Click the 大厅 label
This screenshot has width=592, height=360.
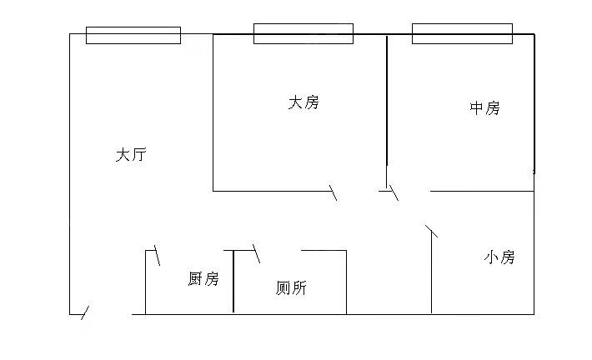(131, 155)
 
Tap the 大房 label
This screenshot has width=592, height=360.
(304, 103)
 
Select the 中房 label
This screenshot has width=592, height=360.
(484, 108)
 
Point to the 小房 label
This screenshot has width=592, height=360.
(499, 257)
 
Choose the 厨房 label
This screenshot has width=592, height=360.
(203, 279)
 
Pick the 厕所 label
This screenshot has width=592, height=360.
(291, 288)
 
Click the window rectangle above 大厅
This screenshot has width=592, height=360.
(133, 35)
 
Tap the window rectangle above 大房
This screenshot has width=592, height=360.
(304, 33)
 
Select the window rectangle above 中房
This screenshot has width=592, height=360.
(461, 33)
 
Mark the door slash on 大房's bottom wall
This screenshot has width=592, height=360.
(334, 192)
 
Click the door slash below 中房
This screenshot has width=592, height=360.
(393, 192)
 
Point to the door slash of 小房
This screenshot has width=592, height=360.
(431, 231)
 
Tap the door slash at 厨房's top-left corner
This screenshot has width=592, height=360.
(157, 256)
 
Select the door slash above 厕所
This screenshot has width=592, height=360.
(256, 252)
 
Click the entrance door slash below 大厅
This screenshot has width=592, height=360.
(84, 313)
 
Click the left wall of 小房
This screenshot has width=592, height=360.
(431, 275)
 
